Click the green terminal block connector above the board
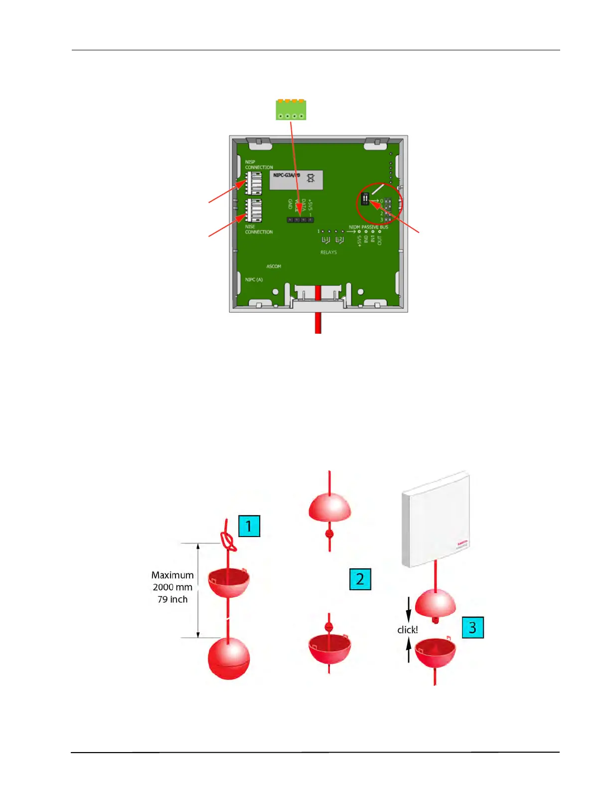pyautogui.click(x=291, y=110)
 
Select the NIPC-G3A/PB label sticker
pyautogui.click(x=296, y=179)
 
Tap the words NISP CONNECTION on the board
pyautogui.click(x=259, y=165)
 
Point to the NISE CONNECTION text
pyautogui.click(x=259, y=229)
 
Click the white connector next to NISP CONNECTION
pyautogui.click(x=253, y=183)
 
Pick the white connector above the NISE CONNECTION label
pyautogui.click(x=253, y=210)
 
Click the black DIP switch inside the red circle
pyautogui.click(x=365, y=199)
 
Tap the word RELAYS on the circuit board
pyautogui.click(x=328, y=253)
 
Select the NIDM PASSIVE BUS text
pyautogui.click(x=368, y=227)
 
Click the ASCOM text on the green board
pyautogui.click(x=274, y=266)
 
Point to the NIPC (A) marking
pyautogui.click(x=254, y=280)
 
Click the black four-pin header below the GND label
pyautogui.click(x=300, y=220)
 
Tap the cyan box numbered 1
pyautogui.click(x=249, y=526)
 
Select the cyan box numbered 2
pyautogui.click(x=360, y=579)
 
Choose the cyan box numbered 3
pyautogui.click(x=472, y=628)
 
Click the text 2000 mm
pyautogui.click(x=172, y=587)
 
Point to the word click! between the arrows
pyautogui.click(x=407, y=630)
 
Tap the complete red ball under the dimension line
pyautogui.click(x=229, y=658)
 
